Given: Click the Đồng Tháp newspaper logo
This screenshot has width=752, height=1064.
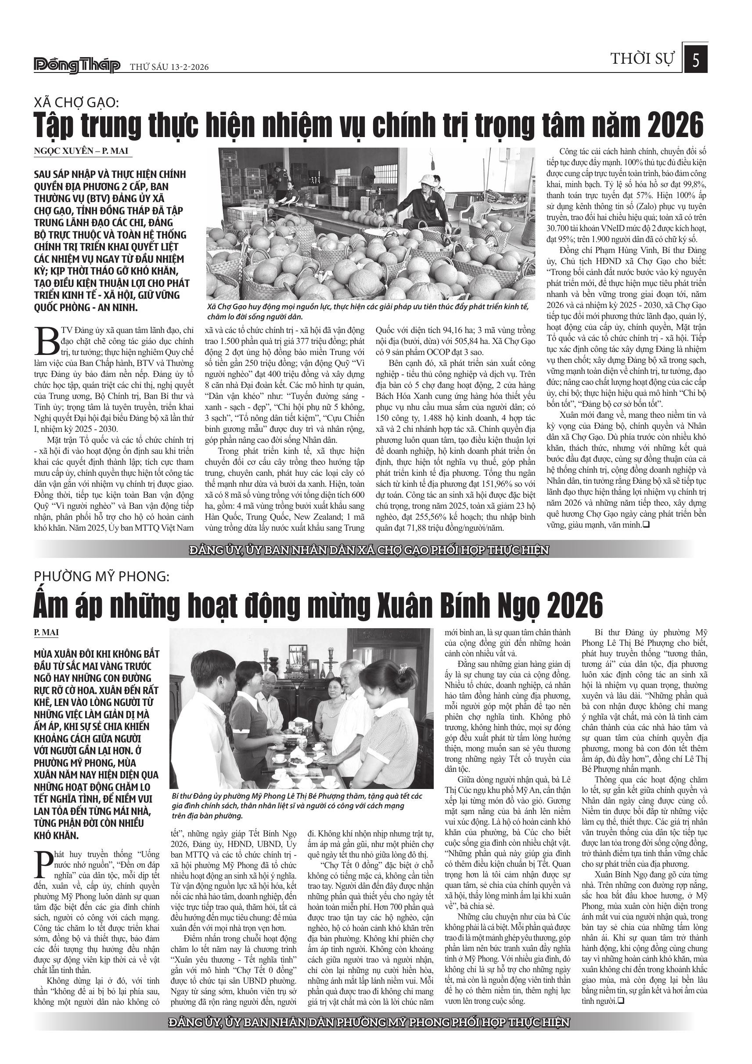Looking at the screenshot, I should click(x=77, y=66).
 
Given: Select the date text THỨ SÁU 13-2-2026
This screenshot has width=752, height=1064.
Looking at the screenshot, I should click(x=169, y=67).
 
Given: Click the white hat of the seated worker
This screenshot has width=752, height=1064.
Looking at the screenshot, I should click(x=428, y=179).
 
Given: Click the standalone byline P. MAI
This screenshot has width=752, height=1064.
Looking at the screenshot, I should click(x=46, y=633).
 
